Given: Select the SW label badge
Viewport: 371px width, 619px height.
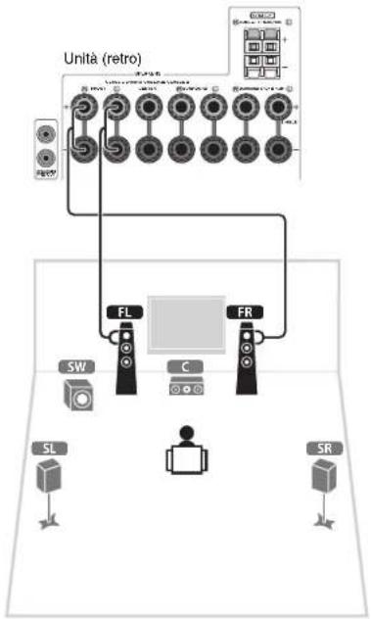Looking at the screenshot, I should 75,367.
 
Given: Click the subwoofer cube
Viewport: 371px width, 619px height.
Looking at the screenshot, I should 78,397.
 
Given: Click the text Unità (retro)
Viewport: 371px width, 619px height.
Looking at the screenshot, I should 103,59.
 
